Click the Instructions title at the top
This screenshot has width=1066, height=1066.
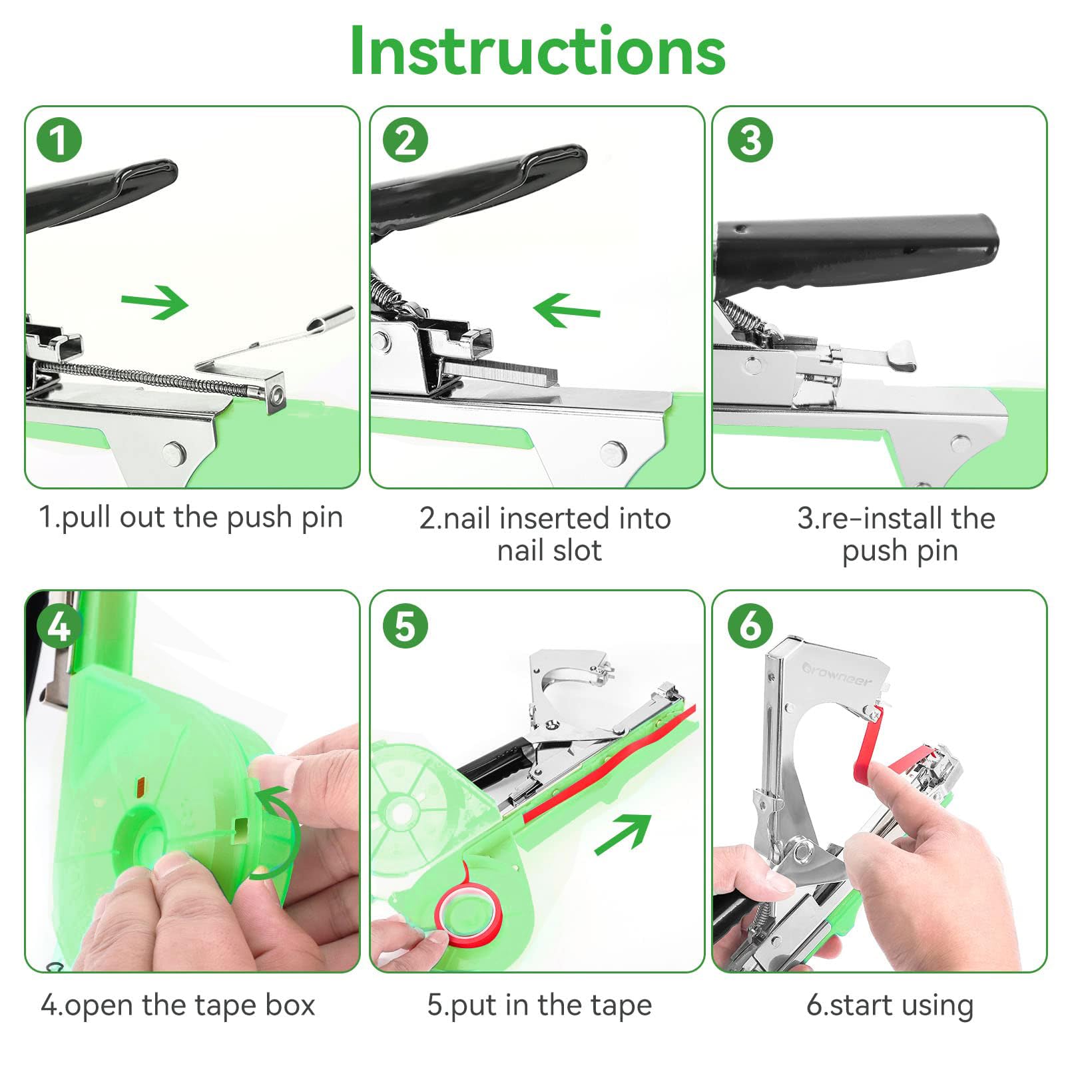pyautogui.click(x=537, y=52)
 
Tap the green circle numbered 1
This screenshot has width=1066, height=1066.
pyautogui.click(x=59, y=140)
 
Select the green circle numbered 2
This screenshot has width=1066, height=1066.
pyautogui.click(x=405, y=140)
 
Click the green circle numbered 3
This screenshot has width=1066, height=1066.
pyautogui.click(x=750, y=140)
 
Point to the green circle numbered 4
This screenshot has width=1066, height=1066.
pyautogui.click(x=59, y=627)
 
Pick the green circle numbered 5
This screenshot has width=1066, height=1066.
pyautogui.click(x=405, y=627)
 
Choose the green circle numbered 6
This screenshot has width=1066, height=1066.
pyautogui.click(x=750, y=627)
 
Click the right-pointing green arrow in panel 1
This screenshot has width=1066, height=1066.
pyautogui.click(x=154, y=302)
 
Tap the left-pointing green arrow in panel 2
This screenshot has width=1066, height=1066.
pyautogui.click(x=567, y=310)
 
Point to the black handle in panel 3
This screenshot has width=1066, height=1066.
pyautogui.click(x=859, y=250)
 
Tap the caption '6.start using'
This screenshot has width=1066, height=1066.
pyautogui.click(x=890, y=1005)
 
